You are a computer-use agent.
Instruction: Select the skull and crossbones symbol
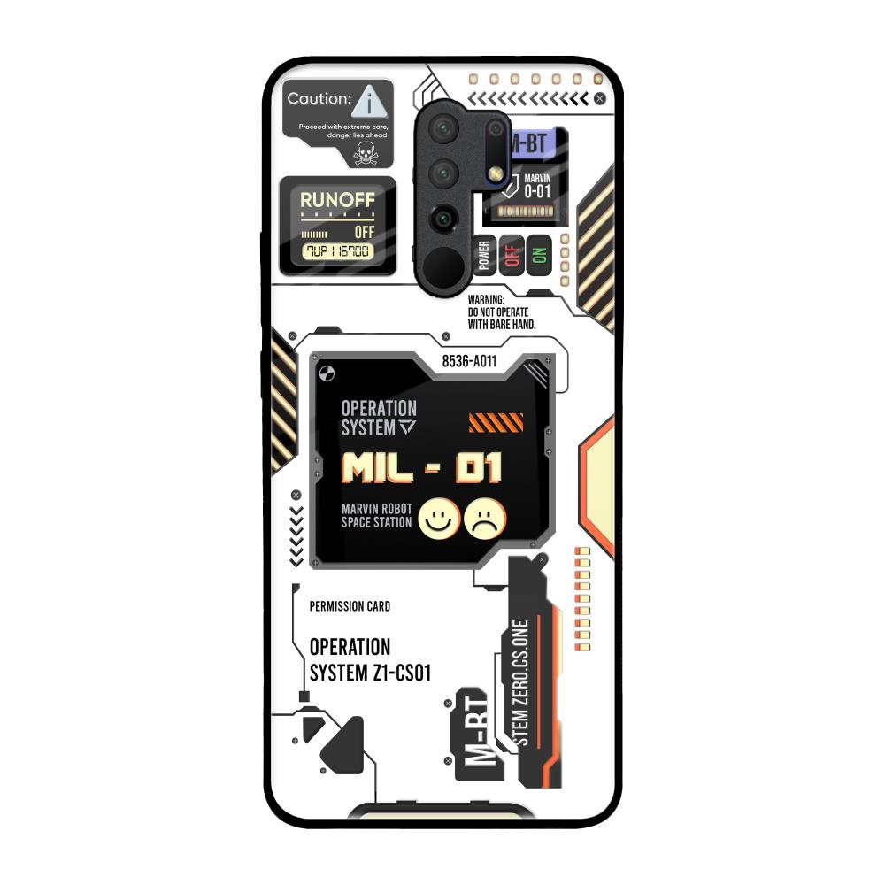(x=364, y=154)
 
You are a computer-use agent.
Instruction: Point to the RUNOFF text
(x=337, y=200)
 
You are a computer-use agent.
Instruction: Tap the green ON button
(x=538, y=255)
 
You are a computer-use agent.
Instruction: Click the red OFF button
(x=510, y=255)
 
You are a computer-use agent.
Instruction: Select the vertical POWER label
(x=484, y=255)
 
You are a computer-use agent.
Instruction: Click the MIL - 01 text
(x=421, y=467)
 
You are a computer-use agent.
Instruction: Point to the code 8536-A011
(x=469, y=361)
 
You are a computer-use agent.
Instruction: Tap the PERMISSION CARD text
(x=350, y=606)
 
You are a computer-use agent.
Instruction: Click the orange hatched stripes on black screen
(x=496, y=422)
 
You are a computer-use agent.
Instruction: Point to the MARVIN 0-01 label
(x=537, y=185)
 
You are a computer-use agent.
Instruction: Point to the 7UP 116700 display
(x=337, y=251)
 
